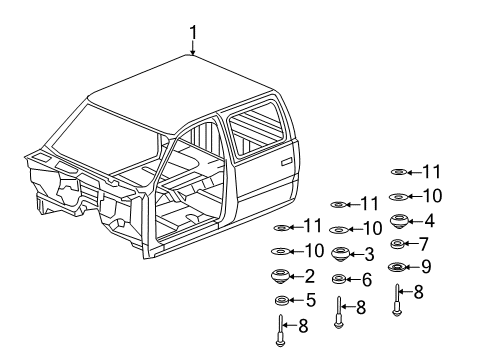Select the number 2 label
[x=310, y=276]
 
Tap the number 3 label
[x=369, y=254]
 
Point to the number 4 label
[x=428, y=221]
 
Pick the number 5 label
[x=310, y=300]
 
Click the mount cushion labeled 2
[x=281, y=276]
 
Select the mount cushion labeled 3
[x=340, y=254]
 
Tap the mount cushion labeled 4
[x=398, y=221]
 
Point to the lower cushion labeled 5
[x=281, y=300]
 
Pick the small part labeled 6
[x=340, y=279]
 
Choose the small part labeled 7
[x=397, y=244]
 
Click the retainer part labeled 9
[x=397, y=266]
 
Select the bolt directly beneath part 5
[x=281, y=328]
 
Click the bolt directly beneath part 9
[x=398, y=297]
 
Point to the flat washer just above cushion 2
[x=281, y=251]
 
